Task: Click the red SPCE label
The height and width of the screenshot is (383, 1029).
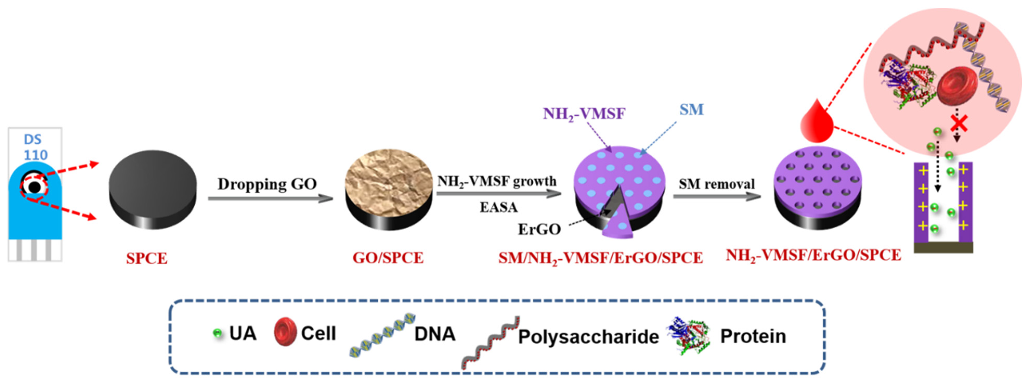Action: (147, 258)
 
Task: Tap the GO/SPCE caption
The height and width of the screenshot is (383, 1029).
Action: (388, 258)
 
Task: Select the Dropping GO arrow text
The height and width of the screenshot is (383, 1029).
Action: (267, 184)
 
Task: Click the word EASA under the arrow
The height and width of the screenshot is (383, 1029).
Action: (499, 207)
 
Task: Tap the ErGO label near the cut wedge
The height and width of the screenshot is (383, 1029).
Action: (539, 229)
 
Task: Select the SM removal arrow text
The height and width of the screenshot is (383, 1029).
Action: (717, 184)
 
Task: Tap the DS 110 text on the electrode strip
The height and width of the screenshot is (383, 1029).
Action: (35, 147)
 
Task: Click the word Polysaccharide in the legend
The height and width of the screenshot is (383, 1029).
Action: (588, 337)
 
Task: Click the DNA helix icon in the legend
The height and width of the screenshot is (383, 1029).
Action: (382, 335)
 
